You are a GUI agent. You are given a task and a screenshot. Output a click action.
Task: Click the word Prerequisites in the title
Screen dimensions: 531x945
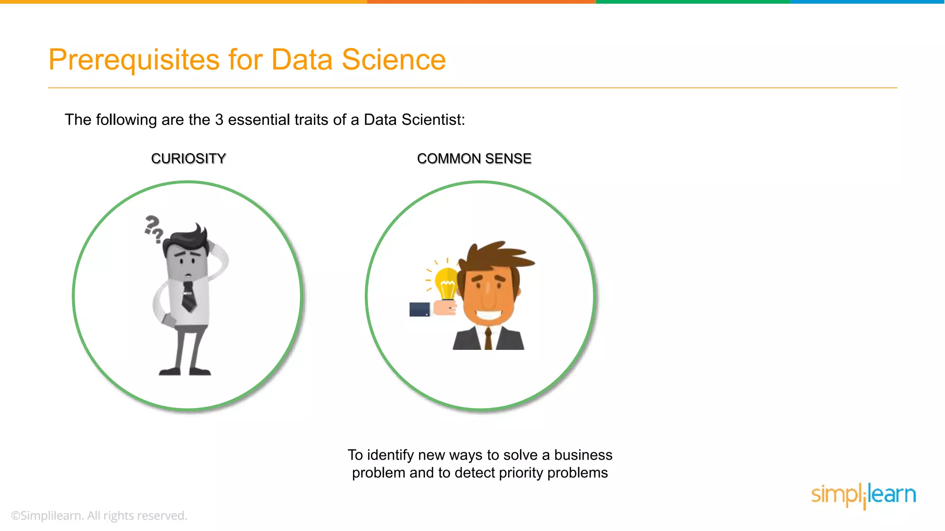click(134, 60)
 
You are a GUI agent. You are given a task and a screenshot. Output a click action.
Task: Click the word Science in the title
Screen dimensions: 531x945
click(393, 60)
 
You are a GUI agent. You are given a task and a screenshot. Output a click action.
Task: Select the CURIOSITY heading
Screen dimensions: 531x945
click(188, 159)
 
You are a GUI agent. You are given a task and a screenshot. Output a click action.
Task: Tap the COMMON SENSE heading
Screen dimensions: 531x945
click(474, 159)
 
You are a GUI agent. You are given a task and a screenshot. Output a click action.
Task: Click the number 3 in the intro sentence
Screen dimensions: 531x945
click(219, 120)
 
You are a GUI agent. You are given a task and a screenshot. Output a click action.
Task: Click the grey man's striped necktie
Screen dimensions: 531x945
click(189, 297)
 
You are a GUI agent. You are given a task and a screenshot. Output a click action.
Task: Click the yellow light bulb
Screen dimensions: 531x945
click(447, 282)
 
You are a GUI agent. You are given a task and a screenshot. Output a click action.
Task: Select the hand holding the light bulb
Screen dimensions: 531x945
click(445, 307)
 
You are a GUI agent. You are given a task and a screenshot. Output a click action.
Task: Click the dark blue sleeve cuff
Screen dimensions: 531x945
click(419, 309)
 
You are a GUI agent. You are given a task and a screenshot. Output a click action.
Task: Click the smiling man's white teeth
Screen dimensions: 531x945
click(488, 316)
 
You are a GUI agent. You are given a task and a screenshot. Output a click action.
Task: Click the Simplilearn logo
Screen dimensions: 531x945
click(863, 495)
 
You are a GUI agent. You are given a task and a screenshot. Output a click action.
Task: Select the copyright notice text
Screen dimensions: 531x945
click(99, 515)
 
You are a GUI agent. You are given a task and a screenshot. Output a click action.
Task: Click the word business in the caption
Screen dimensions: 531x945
click(583, 455)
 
